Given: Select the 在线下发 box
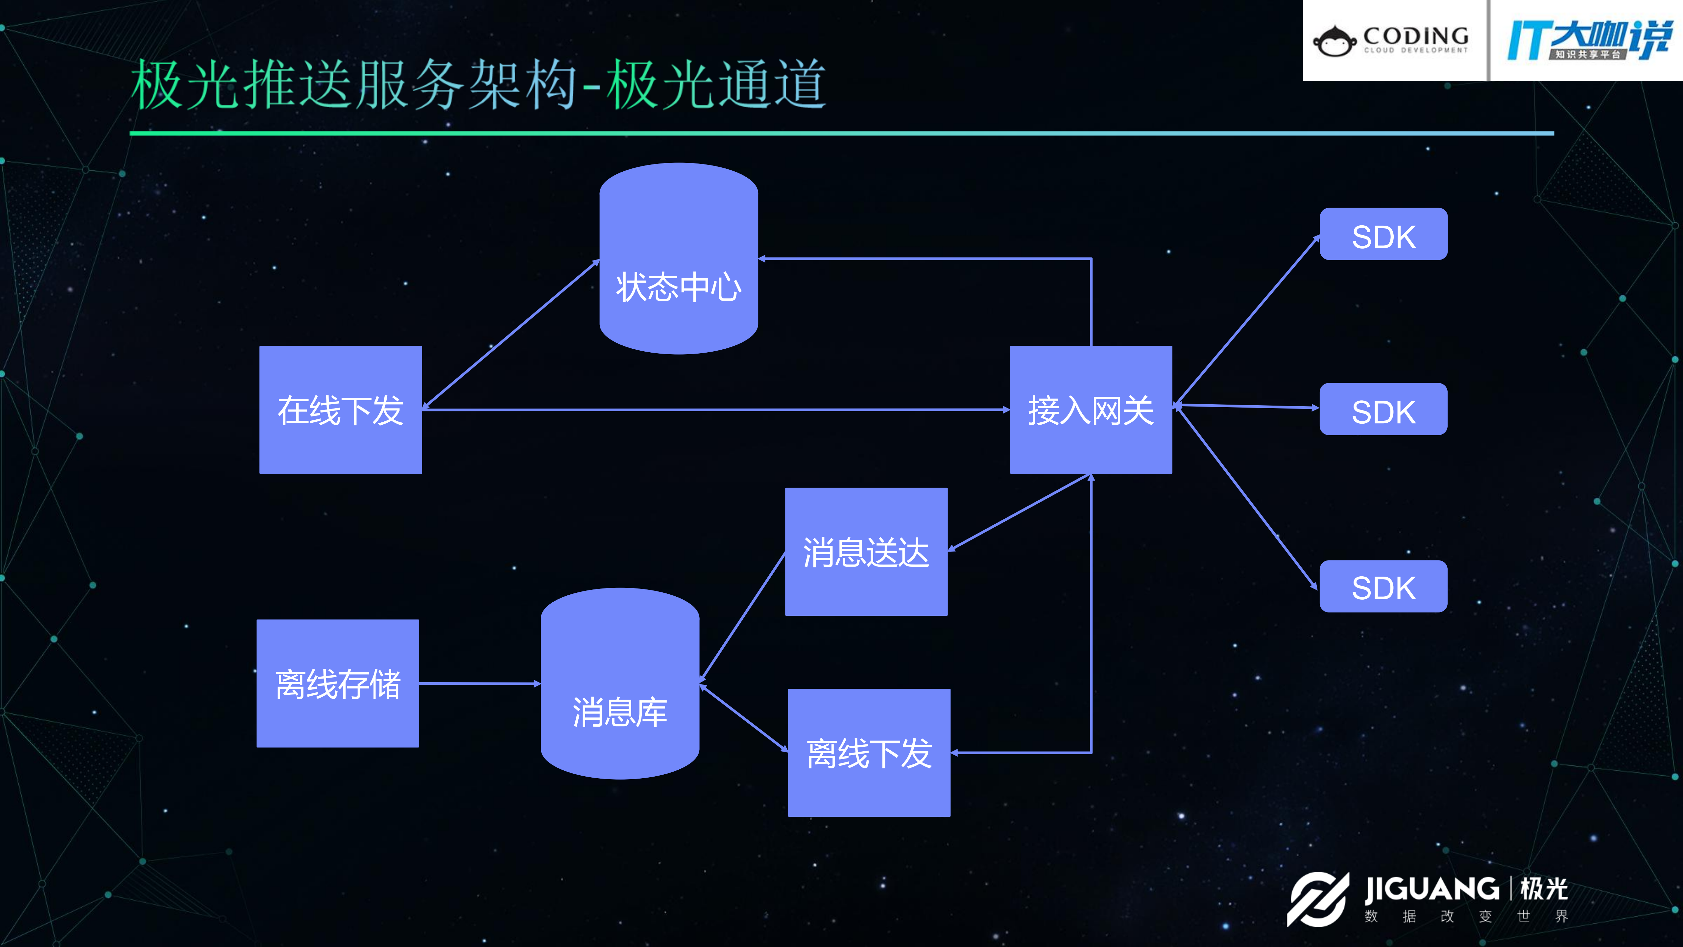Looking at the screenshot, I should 340,410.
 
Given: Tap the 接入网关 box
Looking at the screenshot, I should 1091,410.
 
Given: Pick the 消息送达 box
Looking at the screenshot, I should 866,552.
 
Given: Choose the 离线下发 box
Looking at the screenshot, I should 869,752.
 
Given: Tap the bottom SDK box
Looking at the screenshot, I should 1383,586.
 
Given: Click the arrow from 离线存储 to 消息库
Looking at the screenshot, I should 480,684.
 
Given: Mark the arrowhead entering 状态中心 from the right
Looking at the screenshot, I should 763,259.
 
